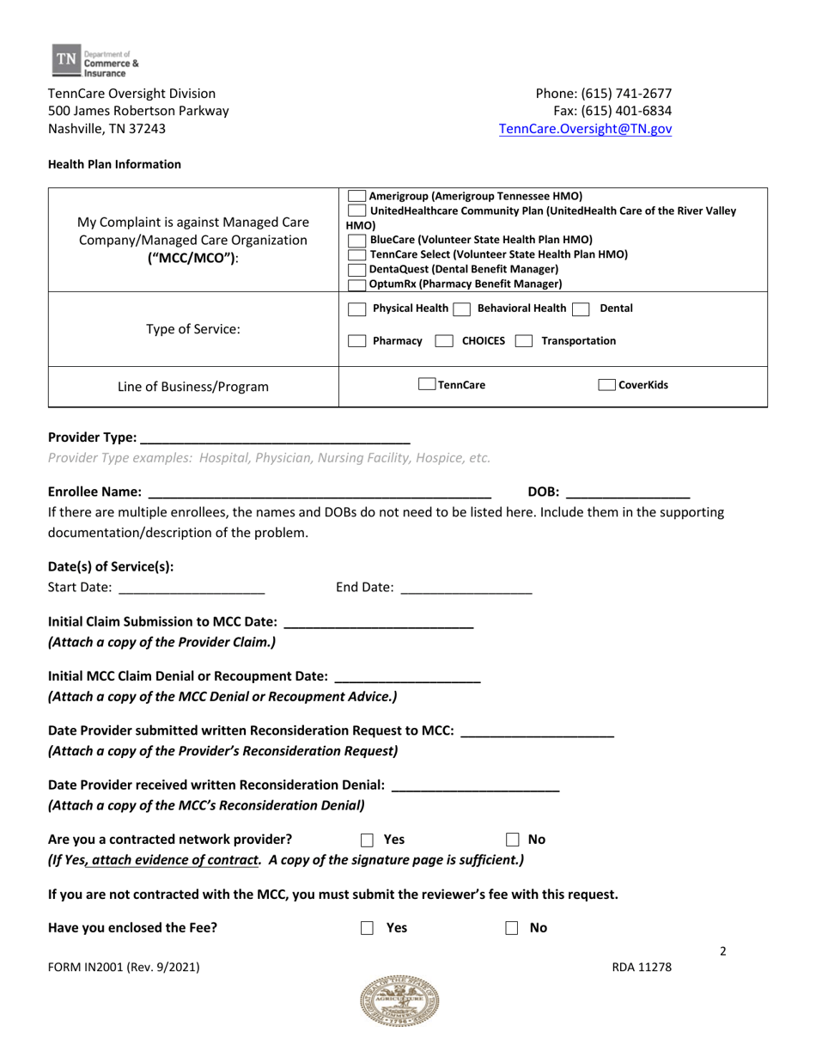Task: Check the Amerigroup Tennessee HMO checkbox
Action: [x=356, y=196]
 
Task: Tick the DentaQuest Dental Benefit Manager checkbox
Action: [x=356, y=269]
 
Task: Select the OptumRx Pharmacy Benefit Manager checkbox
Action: [x=356, y=284]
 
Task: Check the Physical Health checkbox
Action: [x=356, y=309]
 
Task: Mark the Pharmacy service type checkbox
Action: [x=356, y=341]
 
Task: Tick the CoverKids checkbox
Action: [x=606, y=386]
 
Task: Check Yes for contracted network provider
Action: [x=367, y=840]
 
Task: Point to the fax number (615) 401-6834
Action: [x=615, y=111]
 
